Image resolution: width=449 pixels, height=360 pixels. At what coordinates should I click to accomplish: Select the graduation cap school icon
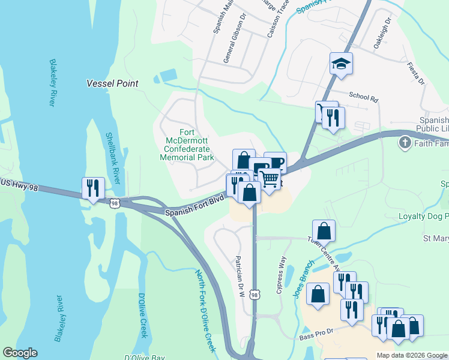341,64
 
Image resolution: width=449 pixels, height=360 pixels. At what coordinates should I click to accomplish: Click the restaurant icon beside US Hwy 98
93,188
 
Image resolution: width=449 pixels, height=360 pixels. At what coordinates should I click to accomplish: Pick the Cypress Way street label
279,275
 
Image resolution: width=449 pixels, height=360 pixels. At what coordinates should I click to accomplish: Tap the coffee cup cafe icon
275,163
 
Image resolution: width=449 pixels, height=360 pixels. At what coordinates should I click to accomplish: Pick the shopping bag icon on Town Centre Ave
324,231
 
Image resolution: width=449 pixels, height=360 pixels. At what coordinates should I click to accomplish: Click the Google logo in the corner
20,353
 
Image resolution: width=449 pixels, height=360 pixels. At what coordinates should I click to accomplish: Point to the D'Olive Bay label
145,357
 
